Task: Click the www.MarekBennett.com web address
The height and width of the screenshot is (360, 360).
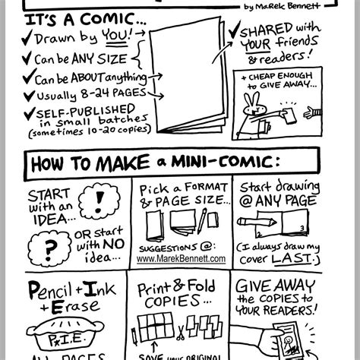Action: pos(182,258)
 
